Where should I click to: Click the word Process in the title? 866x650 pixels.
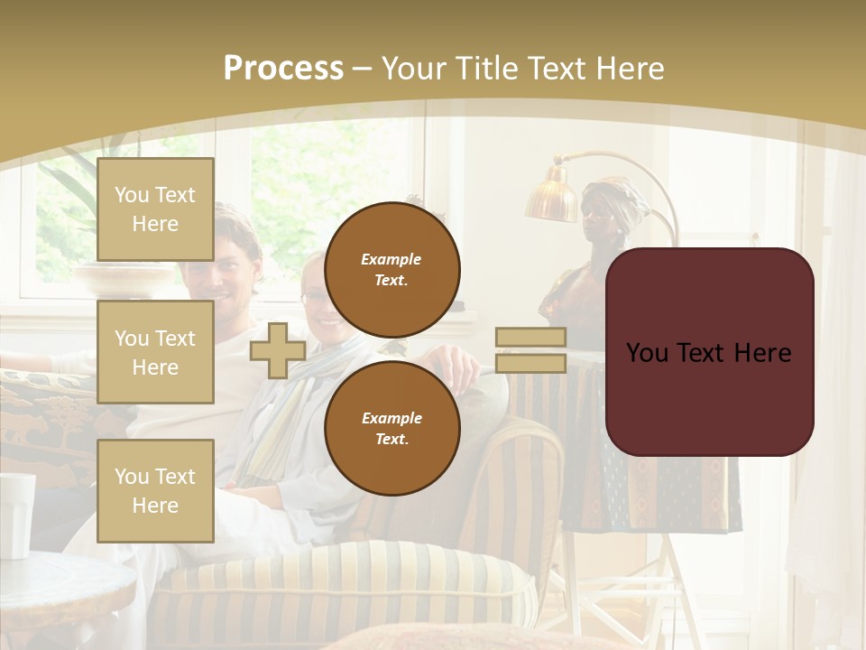[x=283, y=68]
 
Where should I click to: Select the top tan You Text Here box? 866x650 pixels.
[x=155, y=209]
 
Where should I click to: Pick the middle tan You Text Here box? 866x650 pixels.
[x=155, y=352]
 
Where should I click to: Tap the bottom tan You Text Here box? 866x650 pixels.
[x=155, y=490]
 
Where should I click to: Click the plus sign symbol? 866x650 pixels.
[x=278, y=351]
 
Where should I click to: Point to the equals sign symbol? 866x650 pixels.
[x=530, y=350]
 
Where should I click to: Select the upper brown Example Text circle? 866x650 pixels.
[x=392, y=270]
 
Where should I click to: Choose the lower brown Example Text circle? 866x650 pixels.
[x=392, y=428]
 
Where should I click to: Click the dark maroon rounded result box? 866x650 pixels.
[x=709, y=351]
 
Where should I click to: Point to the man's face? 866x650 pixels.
[x=232, y=262]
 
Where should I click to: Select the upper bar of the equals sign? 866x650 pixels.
[x=530, y=338]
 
